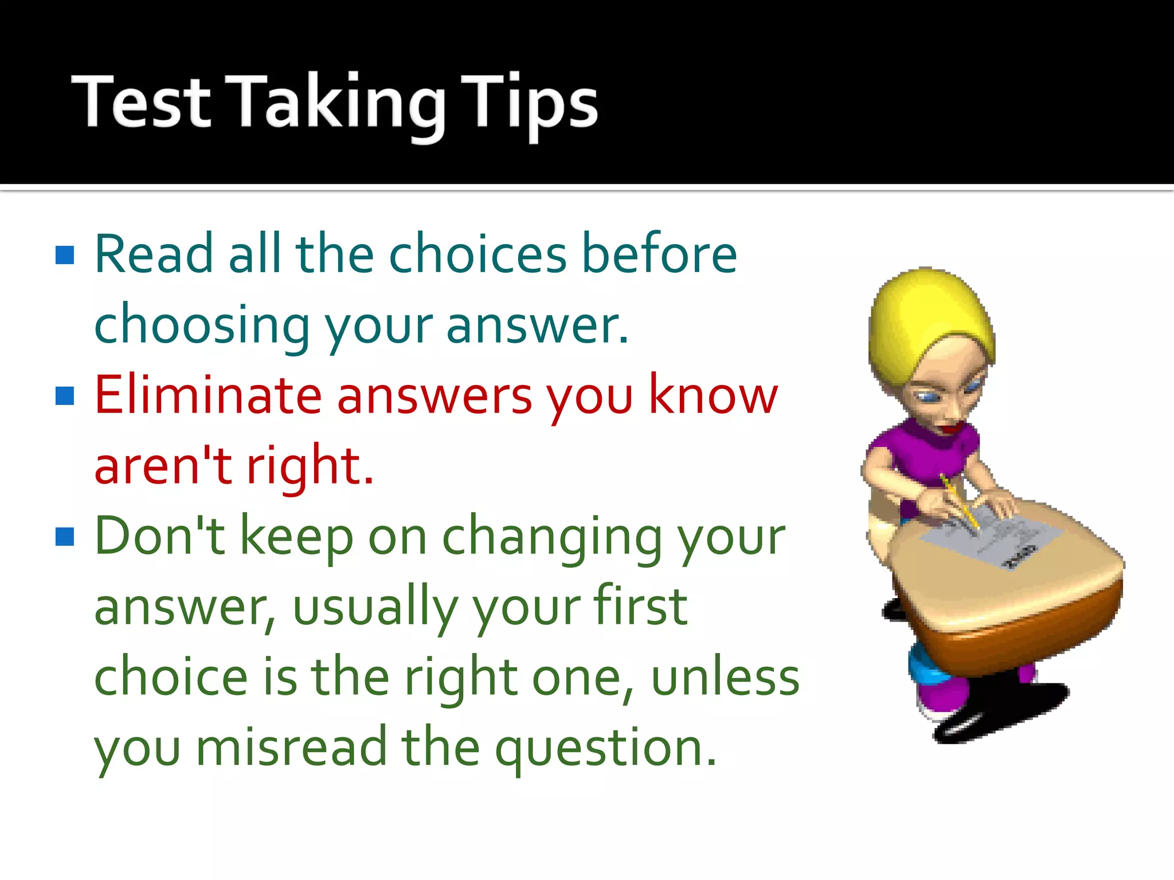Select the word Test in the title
[x=141, y=103]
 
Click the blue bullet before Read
[x=65, y=255]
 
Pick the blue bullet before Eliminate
[x=65, y=395]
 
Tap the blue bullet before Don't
[x=65, y=536]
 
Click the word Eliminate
[x=208, y=395]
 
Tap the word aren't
[x=163, y=466]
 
